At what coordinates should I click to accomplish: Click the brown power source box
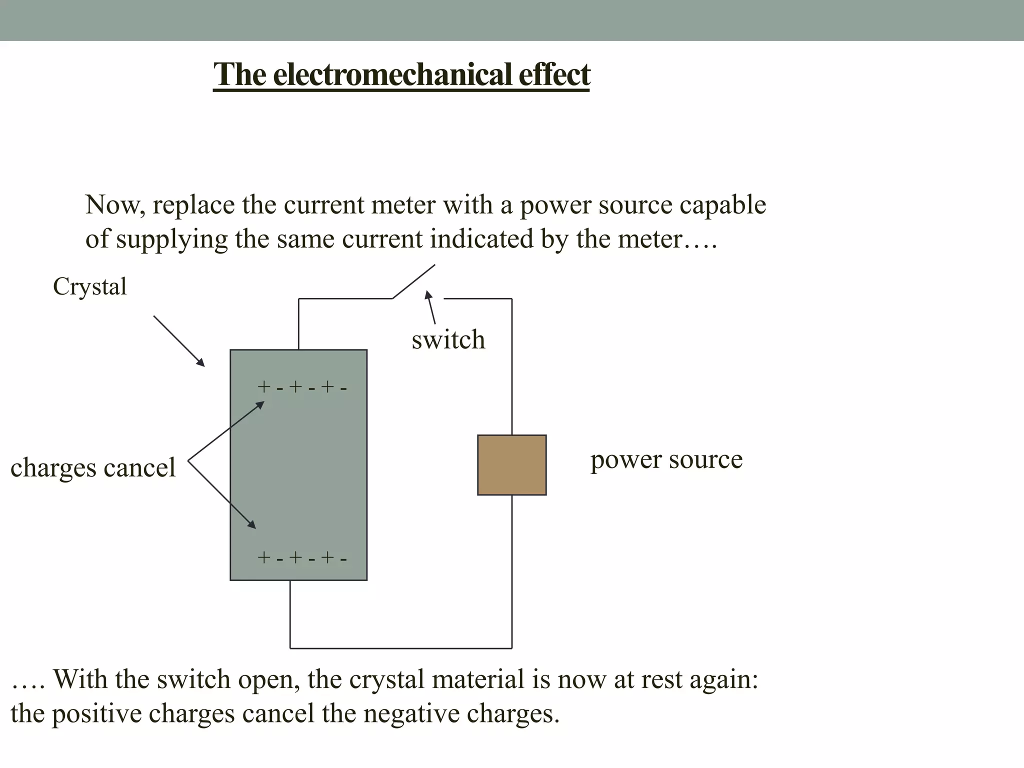point(511,465)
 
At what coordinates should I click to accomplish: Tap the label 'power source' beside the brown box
point(666,460)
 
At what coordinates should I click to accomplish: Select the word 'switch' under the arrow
point(448,340)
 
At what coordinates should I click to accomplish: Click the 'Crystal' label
point(90,287)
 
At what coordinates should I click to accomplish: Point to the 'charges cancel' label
point(93,468)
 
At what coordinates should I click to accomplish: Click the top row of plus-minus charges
point(301,387)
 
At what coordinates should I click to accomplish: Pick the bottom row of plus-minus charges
point(301,558)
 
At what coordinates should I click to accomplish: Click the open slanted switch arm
point(413,282)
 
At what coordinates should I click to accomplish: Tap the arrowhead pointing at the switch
point(428,294)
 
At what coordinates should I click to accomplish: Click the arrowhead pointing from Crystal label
point(200,362)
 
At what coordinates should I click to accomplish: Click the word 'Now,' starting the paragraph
point(115,205)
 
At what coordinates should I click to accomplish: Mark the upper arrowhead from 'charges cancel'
point(259,404)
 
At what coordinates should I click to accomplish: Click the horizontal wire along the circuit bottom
point(400,648)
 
